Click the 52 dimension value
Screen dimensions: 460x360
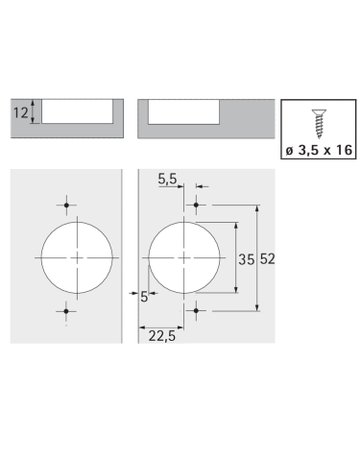pyautogui.click(x=269, y=258)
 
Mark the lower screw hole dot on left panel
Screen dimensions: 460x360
pyautogui.click(x=67, y=312)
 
